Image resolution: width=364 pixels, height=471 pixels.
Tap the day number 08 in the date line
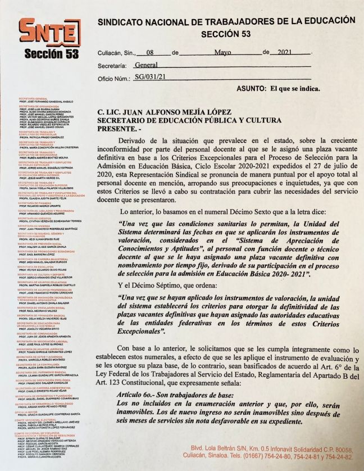pyautogui.click(x=150, y=52)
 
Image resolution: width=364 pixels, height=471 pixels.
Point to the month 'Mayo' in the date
pyautogui.click(x=223, y=52)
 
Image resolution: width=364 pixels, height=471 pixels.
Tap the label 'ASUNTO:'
pyautogui.click(x=252, y=89)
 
